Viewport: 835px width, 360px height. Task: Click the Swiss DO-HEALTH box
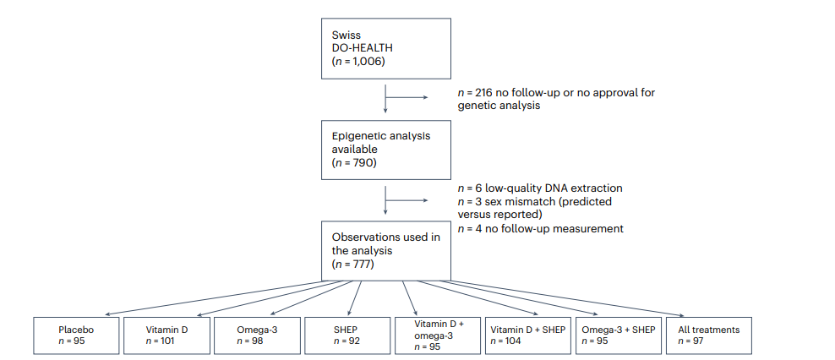point(386,49)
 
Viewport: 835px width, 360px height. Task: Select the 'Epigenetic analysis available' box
point(386,150)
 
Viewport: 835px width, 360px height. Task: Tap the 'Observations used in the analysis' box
point(386,250)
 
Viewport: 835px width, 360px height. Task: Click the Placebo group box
point(76,335)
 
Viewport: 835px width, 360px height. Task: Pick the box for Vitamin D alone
point(166,335)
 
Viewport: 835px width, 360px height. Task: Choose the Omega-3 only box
point(257,335)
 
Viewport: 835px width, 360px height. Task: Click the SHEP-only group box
point(347,335)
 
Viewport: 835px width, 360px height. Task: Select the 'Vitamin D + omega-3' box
point(438,335)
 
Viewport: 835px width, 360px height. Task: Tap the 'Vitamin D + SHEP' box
point(528,335)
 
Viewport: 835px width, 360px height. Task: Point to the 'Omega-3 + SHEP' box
point(619,335)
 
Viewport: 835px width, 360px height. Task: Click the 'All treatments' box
point(709,335)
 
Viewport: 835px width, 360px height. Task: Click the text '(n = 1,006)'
point(357,61)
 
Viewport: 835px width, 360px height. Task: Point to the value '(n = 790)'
point(354,162)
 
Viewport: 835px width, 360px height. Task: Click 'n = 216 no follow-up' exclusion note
point(556,99)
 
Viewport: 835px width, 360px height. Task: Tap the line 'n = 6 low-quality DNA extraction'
point(540,188)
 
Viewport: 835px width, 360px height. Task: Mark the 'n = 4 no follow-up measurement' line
point(541,229)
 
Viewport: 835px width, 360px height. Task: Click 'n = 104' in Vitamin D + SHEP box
point(505,341)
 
